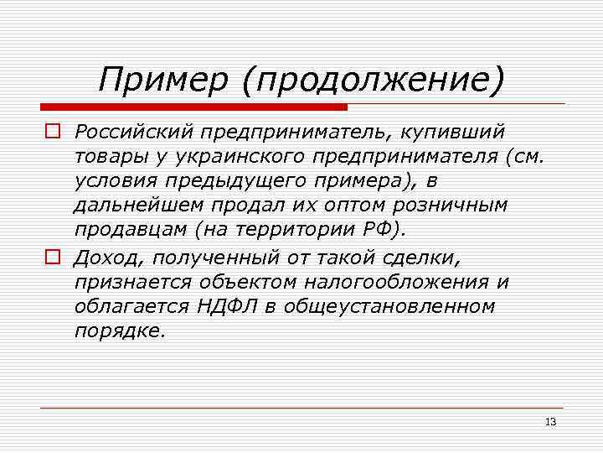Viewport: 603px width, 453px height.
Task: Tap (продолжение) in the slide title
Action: point(374,81)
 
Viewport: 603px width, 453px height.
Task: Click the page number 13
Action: point(550,422)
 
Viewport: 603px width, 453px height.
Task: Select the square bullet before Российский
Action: point(52,132)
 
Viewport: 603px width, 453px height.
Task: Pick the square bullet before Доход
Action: point(52,258)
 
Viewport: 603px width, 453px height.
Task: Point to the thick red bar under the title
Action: point(193,107)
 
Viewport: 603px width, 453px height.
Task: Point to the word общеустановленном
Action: point(389,307)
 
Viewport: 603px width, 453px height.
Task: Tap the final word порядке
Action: point(120,331)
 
